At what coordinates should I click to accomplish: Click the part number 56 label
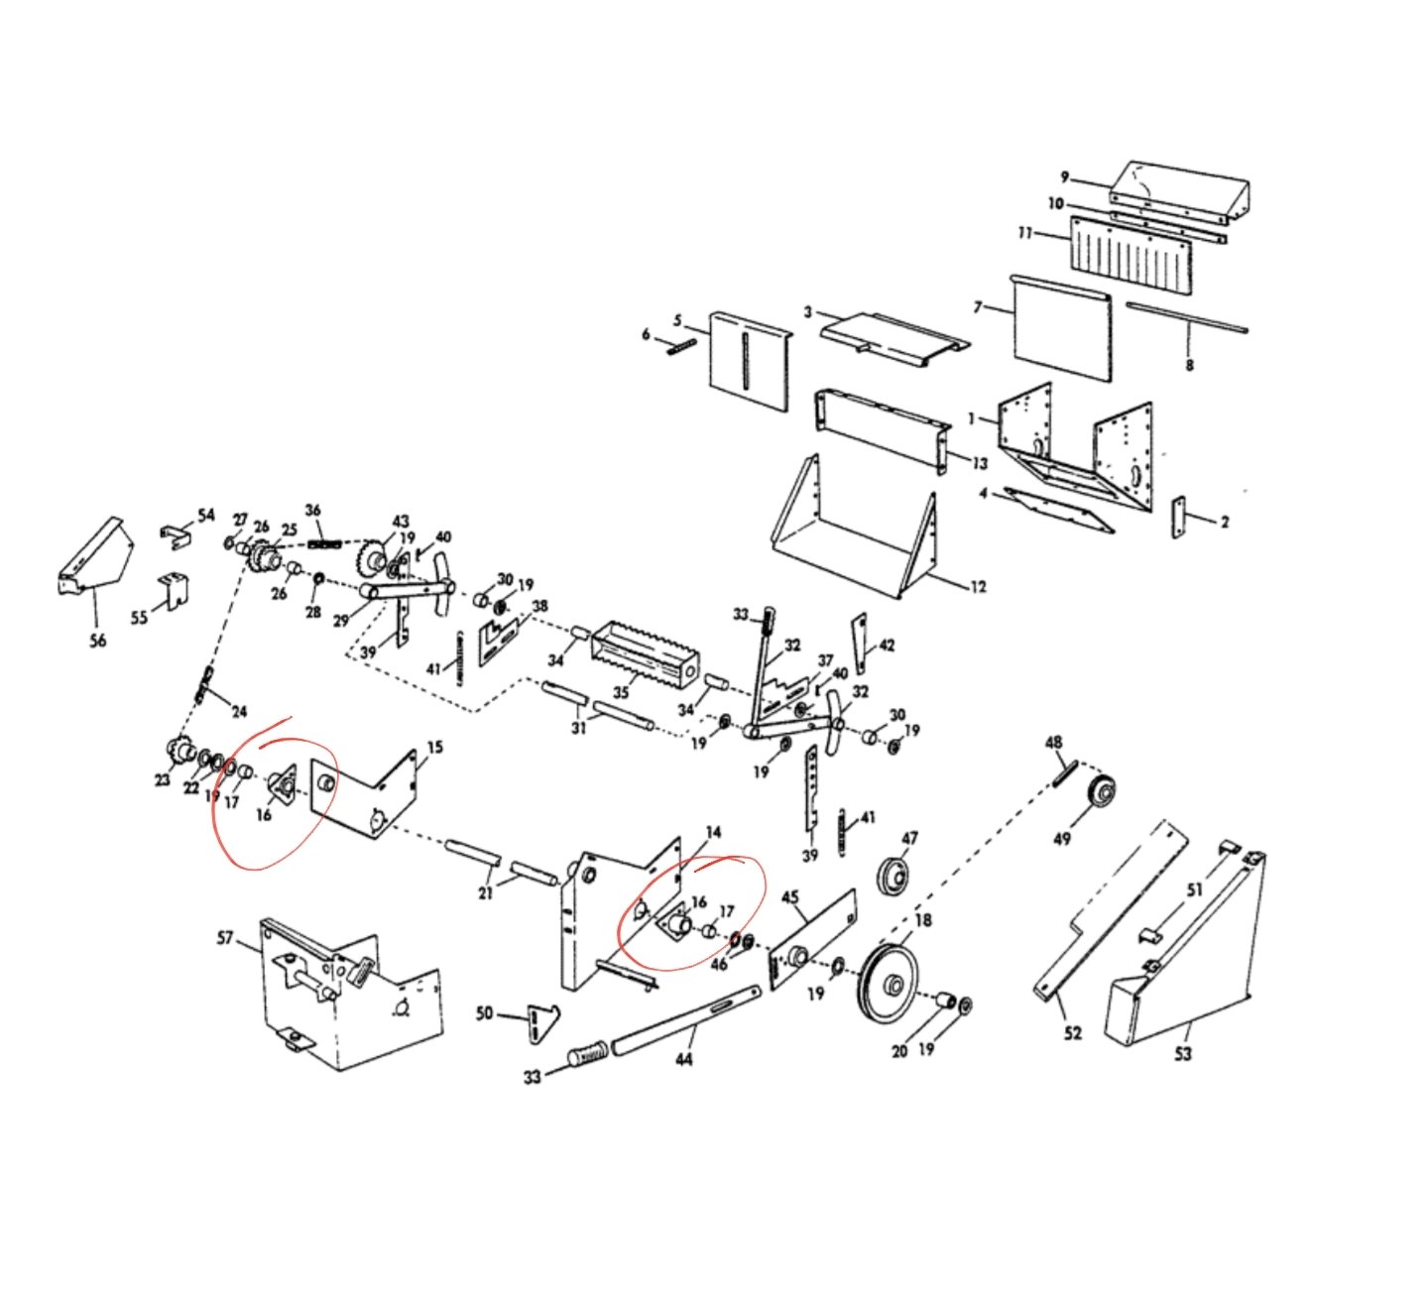97,640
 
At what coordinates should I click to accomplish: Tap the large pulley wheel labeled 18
890,986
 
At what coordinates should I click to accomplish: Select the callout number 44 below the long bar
683,1059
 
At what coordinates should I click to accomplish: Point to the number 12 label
979,587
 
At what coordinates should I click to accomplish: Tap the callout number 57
225,939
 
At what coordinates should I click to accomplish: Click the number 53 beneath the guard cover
1182,1053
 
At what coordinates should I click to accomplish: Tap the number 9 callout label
1065,178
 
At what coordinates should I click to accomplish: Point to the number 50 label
484,1012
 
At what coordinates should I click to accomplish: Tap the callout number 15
435,747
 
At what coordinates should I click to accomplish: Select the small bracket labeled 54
176,536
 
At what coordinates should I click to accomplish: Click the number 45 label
790,897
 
